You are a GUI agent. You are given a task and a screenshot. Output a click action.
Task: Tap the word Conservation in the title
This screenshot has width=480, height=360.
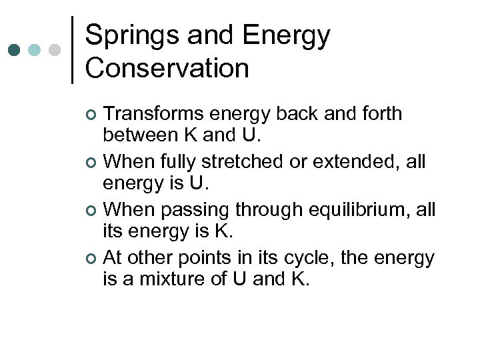[167, 68]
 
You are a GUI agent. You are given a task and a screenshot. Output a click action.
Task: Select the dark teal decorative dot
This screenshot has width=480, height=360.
[15, 50]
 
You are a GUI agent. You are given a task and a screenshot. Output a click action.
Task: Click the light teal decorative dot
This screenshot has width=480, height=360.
[35, 50]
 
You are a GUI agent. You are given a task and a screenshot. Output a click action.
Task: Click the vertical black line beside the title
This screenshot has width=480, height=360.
[72, 50]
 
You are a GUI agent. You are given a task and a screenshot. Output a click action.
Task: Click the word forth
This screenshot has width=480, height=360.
[382, 114]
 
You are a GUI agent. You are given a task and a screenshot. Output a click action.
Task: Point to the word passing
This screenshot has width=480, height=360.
[195, 209]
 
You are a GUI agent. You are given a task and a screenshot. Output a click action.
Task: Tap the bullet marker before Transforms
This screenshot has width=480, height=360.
[92, 115]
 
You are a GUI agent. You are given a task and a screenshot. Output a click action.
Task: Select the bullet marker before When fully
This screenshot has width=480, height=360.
[92, 162]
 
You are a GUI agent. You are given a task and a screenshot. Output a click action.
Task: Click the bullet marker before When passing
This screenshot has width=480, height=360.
[92, 211]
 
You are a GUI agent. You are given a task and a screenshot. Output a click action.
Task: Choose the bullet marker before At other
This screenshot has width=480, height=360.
[92, 259]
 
